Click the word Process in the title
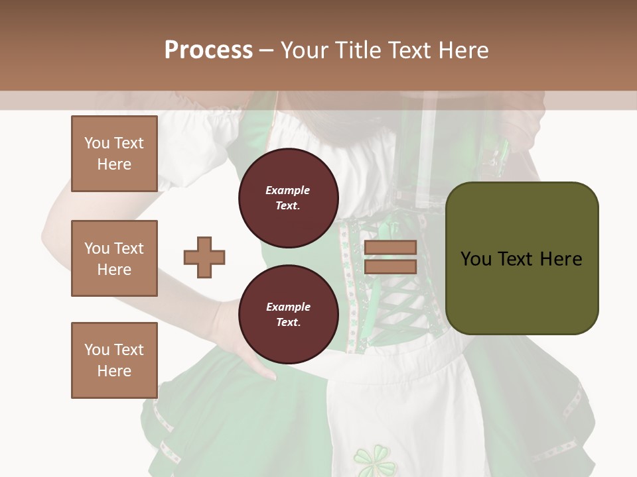click(x=208, y=50)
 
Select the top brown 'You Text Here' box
click(x=114, y=154)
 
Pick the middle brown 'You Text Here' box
click(x=114, y=258)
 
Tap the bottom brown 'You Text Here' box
click(x=114, y=360)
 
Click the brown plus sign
click(x=204, y=257)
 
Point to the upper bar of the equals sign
click(x=390, y=247)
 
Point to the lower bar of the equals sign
click(x=390, y=266)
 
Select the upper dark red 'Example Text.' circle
click(x=288, y=198)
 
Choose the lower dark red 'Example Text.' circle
click(x=288, y=314)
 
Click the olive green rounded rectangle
click(x=522, y=258)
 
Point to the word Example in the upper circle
click(x=288, y=190)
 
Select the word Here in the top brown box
click(x=114, y=164)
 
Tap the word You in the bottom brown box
click(x=97, y=349)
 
